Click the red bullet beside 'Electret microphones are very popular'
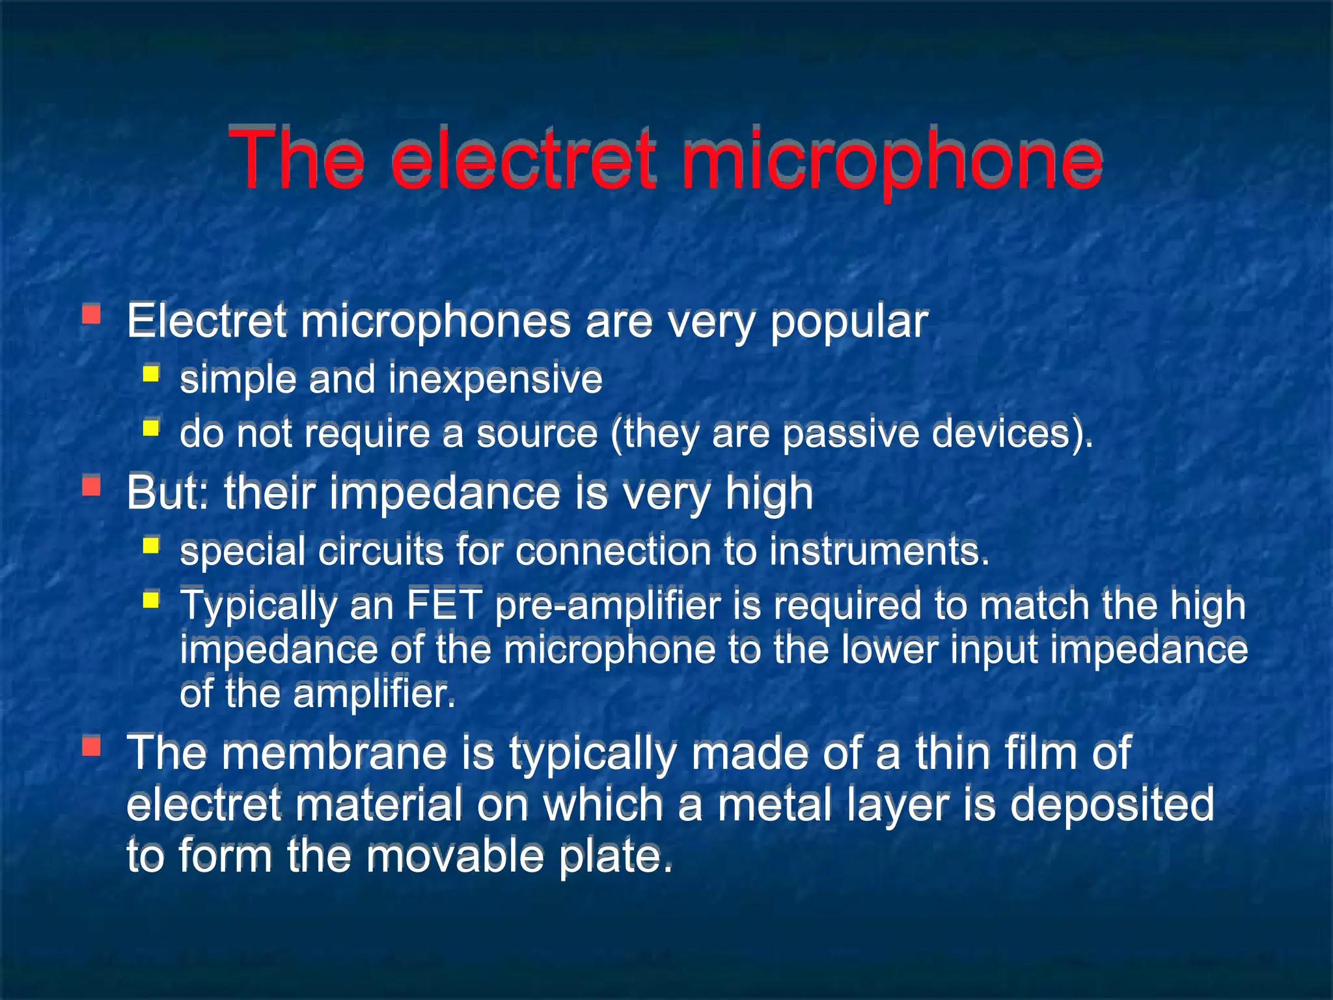click(x=92, y=316)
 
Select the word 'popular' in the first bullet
click(x=849, y=322)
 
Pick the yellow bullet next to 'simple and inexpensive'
click(x=151, y=374)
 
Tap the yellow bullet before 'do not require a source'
click(x=151, y=428)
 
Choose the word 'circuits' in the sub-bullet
click(x=381, y=551)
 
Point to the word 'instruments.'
click(x=879, y=551)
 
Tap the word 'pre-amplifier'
click(x=608, y=605)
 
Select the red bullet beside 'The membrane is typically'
click(x=92, y=746)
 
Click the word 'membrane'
click(x=335, y=753)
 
